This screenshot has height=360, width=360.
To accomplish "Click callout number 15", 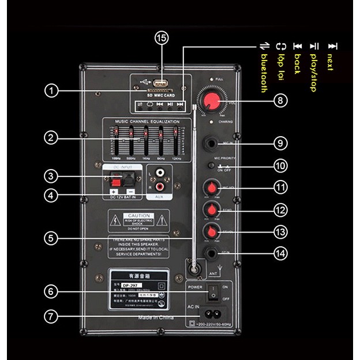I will point(162,38).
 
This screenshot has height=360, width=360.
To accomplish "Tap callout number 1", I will point(52,91).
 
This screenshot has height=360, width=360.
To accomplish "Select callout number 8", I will point(280,100).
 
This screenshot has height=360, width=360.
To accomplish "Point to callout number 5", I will point(52,237).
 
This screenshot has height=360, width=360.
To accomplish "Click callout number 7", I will point(52,317).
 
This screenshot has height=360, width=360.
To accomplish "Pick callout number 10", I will point(280,166).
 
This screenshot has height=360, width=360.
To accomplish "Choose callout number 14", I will point(280,253).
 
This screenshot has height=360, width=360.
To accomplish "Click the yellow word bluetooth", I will point(265,73).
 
